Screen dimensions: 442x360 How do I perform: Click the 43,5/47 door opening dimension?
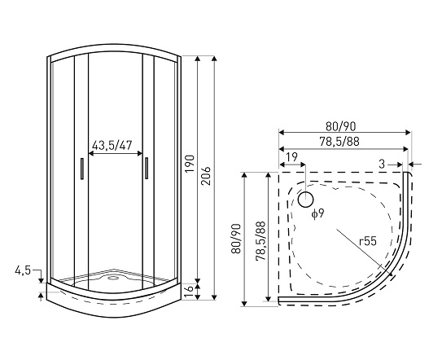(112, 145)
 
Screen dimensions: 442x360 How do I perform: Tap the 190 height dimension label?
(190, 164)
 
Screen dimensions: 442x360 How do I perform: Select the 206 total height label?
(207, 175)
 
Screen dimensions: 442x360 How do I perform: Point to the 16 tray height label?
(190, 292)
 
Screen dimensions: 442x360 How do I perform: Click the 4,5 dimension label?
(23, 270)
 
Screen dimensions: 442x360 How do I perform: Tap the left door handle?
(82, 169)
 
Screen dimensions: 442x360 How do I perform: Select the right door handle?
(147, 168)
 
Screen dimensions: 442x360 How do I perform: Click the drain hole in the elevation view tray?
(114, 279)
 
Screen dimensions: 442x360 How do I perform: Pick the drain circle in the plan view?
(305, 200)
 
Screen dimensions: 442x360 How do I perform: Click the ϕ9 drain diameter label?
(317, 213)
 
